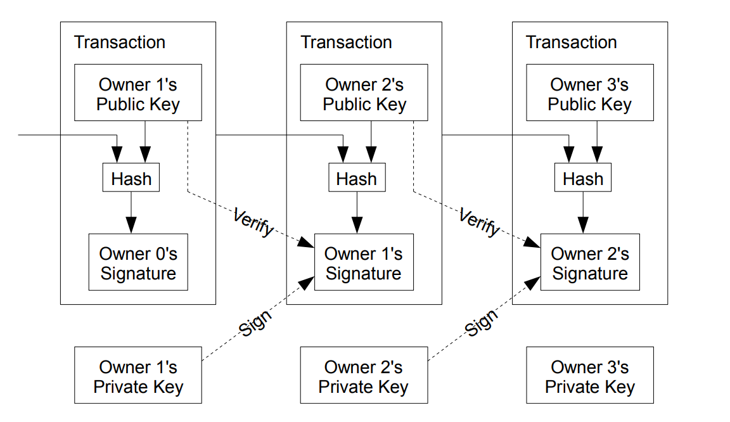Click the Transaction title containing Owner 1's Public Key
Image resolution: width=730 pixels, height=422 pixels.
[x=120, y=42]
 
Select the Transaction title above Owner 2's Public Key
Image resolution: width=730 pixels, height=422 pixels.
[x=346, y=42]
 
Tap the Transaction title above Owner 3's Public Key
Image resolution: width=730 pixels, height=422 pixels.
[x=572, y=42]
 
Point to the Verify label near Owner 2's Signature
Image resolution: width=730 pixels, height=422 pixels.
[x=479, y=222]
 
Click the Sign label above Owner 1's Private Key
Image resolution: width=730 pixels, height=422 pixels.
[x=255, y=323]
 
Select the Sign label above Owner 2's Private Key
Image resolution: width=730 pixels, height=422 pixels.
[x=481, y=323]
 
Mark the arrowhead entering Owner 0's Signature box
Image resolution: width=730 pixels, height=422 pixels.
[x=131, y=226]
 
